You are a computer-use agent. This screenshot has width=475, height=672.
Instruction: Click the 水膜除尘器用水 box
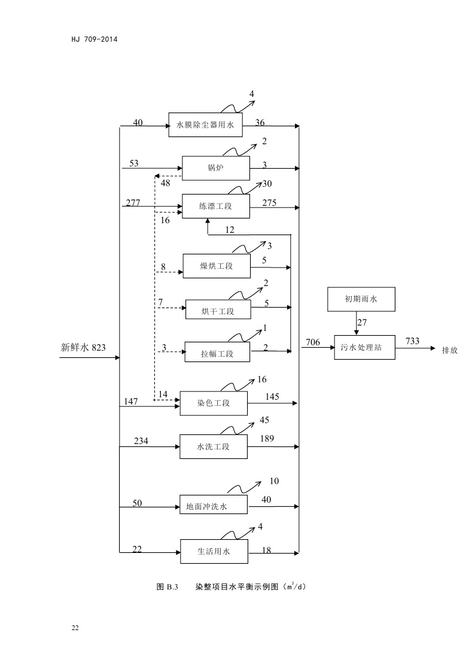click(208, 125)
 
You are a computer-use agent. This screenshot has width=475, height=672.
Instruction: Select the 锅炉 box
click(215, 168)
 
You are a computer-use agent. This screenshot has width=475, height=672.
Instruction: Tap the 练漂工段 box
click(215, 206)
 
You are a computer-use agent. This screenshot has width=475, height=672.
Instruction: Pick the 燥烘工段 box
click(216, 266)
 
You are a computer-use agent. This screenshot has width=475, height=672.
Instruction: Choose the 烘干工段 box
click(218, 311)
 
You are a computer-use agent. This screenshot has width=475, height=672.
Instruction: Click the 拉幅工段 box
click(217, 353)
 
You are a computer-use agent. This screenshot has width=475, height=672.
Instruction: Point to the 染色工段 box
click(214, 403)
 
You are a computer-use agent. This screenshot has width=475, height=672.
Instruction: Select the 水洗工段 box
click(214, 446)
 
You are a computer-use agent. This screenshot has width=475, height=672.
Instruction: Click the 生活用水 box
click(214, 551)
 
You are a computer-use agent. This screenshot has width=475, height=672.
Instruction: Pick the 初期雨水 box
click(362, 299)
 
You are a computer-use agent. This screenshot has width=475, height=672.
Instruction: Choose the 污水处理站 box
click(364, 347)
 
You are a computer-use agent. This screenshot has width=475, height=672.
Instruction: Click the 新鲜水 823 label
click(83, 346)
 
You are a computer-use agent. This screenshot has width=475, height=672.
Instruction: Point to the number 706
click(313, 343)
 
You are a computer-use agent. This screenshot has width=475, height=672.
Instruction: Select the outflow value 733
click(412, 341)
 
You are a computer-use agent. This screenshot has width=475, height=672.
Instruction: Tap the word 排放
click(449, 350)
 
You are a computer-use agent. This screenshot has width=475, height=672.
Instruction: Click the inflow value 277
click(133, 203)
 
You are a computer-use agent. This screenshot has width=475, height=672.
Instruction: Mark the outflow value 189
click(267, 439)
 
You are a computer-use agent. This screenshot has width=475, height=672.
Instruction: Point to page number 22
click(75, 627)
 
